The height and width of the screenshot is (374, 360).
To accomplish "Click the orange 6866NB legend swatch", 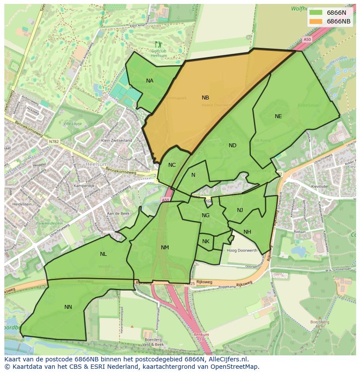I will tap(317, 21).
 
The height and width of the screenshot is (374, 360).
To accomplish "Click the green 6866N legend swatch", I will tap(317, 13).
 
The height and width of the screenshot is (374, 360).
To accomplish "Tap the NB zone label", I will tap(205, 98).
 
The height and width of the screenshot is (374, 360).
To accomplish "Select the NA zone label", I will tap(150, 81).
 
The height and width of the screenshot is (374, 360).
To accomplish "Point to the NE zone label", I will tap(278, 116).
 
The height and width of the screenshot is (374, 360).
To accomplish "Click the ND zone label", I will tap(233, 146).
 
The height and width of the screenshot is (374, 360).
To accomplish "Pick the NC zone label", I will tap(172, 165).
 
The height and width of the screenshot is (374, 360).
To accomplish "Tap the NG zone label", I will tap(206, 215).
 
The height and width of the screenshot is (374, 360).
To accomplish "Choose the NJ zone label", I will tap(240, 210).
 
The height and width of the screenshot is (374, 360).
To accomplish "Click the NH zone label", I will tap(247, 232).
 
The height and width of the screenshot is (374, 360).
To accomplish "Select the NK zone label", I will tap(206, 242).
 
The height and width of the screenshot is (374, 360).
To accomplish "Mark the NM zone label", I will tap(165, 248).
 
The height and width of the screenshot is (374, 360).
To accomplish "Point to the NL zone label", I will tap(103, 254).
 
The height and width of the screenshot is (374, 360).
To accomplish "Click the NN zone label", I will tap(68, 307).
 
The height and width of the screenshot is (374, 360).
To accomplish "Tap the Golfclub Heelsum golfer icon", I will tap(158, 44).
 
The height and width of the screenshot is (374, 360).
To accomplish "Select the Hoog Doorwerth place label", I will tap(242, 251).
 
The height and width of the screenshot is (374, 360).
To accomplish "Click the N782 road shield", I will tap(53, 141).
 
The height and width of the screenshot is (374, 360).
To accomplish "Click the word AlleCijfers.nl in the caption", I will tap(225, 359).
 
